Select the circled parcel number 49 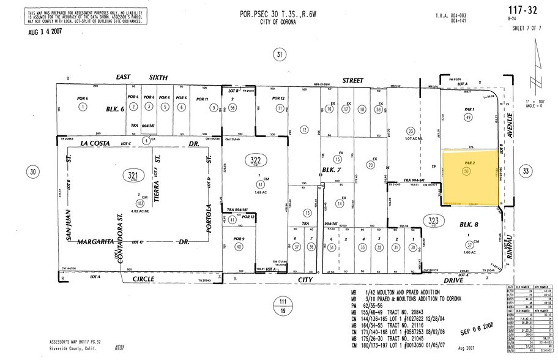point(468,117)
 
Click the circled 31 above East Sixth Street point(279,56)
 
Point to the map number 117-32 point(523,10)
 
